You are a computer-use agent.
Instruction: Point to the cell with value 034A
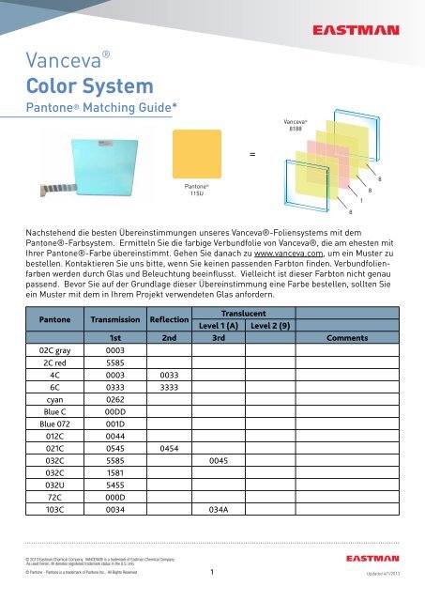(219, 533)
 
